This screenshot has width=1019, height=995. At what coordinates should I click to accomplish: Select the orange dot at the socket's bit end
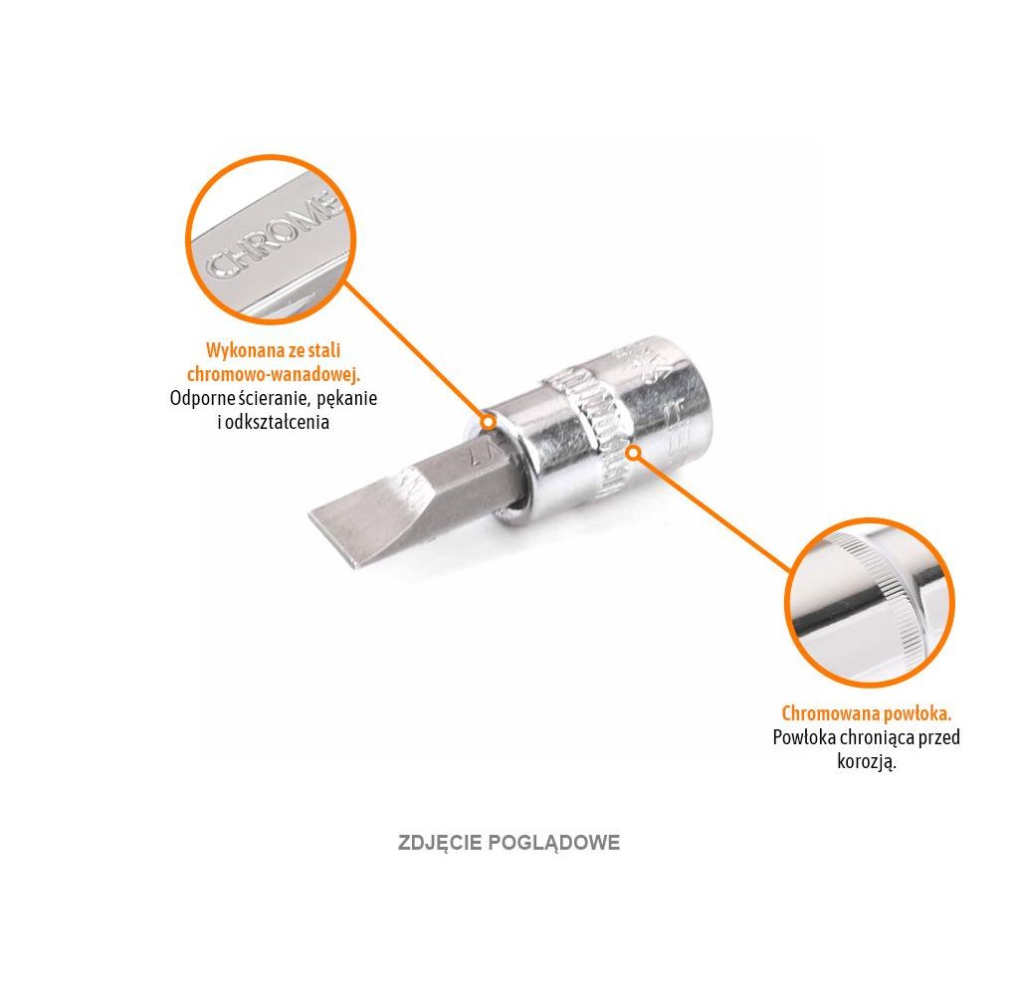point(488,421)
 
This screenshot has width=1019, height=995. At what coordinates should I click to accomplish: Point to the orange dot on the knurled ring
point(632,453)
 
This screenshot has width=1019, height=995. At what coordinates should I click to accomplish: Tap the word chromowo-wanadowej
point(274,375)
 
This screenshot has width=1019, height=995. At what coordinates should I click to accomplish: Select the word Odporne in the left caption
point(202,398)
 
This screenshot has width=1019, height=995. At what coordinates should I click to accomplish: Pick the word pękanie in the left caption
point(346,398)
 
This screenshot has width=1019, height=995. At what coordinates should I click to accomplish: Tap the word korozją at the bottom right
point(867,762)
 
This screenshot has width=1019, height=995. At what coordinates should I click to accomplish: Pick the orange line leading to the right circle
point(712,512)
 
